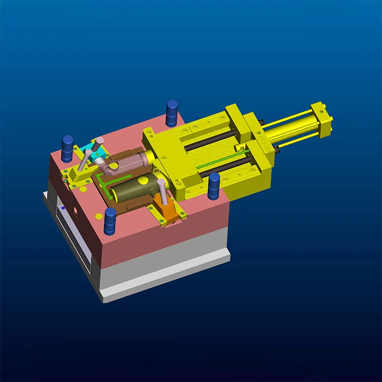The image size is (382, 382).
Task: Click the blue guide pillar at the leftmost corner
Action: tap(67, 148)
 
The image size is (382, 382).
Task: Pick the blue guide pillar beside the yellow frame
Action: tap(214, 185)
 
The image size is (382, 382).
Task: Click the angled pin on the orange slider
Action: tap(161, 191)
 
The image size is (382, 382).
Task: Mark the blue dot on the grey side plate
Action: tap(63, 208)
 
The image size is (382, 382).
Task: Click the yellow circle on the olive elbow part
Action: tap(143, 180)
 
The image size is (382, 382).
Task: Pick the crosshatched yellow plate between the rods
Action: tap(214, 153)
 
